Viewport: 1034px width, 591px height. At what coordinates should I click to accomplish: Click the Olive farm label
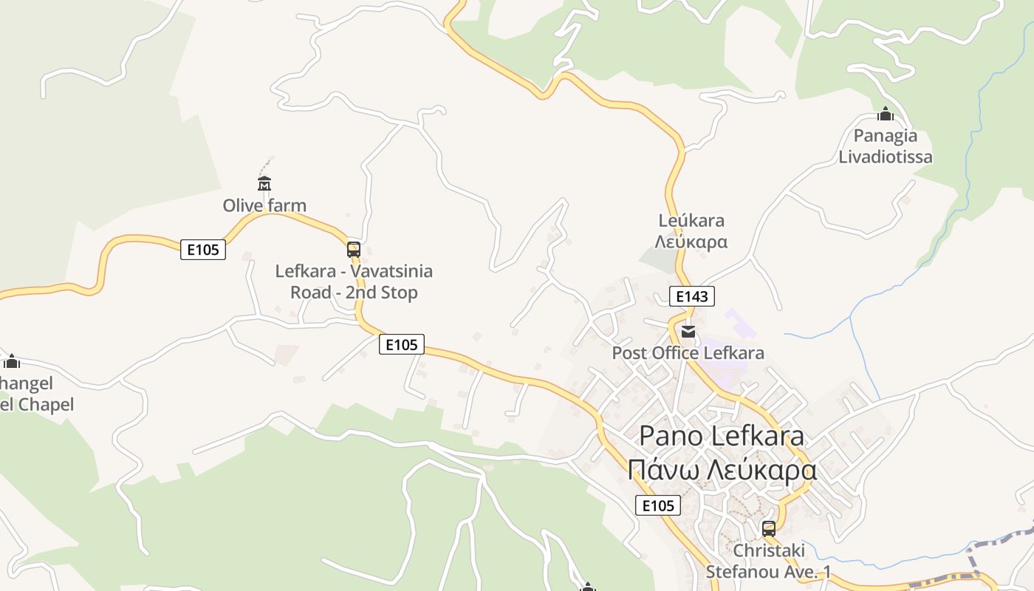[264, 205]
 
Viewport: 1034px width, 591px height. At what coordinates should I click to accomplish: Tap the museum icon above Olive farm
[264, 183]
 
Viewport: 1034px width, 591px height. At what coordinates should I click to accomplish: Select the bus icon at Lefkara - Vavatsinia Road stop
[354, 249]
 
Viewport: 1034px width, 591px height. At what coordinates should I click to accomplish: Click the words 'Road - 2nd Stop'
[354, 293]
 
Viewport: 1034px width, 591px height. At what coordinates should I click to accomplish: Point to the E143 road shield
[692, 296]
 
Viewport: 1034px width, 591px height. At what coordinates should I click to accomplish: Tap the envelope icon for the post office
[688, 332]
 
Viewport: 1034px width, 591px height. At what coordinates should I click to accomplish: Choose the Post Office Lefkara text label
[688, 353]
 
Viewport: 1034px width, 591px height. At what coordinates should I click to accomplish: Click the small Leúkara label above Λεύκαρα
[691, 220]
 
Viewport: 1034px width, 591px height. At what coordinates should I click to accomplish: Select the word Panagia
[885, 135]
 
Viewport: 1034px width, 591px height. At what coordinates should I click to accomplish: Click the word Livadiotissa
[885, 157]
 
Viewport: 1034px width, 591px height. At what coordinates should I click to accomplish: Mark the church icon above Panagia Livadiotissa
[885, 115]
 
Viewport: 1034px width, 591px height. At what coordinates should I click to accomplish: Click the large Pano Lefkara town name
[721, 435]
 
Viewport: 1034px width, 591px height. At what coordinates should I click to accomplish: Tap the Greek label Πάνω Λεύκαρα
[722, 470]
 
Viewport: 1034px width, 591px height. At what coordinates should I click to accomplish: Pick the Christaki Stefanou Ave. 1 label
[768, 561]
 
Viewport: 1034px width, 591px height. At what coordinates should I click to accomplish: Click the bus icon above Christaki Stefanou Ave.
[769, 528]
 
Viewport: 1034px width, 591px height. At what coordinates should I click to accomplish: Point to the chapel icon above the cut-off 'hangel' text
[11, 361]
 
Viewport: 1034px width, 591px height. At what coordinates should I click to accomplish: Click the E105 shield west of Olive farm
[203, 250]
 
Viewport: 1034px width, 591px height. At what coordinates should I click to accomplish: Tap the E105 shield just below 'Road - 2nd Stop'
[402, 344]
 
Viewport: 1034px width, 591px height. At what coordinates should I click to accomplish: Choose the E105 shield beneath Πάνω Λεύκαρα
[658, 505]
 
